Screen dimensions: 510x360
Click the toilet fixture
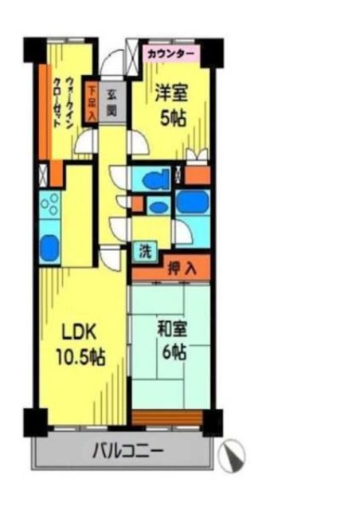tap(155, 178)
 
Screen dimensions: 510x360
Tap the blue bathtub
tap(192, 202)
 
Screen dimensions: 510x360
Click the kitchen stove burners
tap(51, 206)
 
